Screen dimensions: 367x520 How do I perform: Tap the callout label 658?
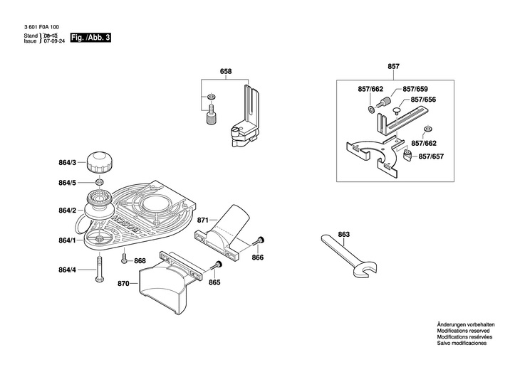tap(225, 72)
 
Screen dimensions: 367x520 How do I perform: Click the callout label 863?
tap(344, 234)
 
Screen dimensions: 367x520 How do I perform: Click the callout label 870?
tap(123, 283)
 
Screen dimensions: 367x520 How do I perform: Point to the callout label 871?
tap(202, 221)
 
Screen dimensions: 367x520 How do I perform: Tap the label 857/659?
tap(415, 90)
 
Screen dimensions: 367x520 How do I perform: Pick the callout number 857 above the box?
tap(393, 67)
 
